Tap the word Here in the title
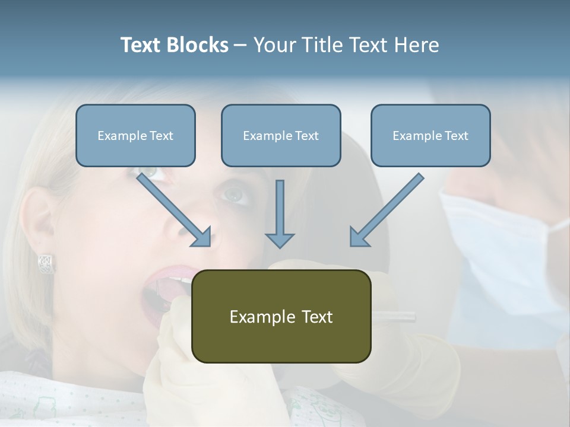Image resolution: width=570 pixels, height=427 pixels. click(x=417, y=45)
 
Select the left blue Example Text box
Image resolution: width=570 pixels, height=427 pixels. click(x=135, y=135)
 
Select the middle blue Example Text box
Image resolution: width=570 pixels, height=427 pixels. click(x=281, y=135)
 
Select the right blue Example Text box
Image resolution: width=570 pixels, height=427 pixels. click(x=430, y=135)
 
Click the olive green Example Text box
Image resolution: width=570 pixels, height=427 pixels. click(x=281, y=316)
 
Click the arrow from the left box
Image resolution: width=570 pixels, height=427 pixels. click(x=176, y=210)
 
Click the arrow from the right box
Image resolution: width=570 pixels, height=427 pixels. click(x=386, y=211)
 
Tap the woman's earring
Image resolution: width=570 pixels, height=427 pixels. click(x=46, y=263)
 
